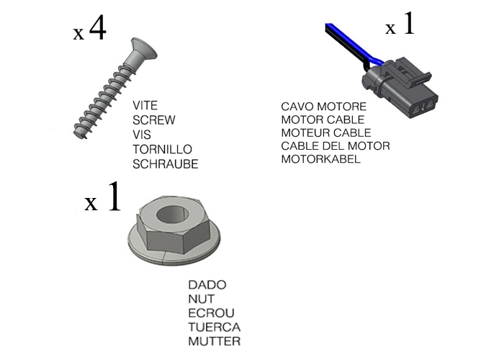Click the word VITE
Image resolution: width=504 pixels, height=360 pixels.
145,106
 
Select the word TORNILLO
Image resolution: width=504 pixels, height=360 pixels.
162,149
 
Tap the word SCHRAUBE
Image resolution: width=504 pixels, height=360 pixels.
166,163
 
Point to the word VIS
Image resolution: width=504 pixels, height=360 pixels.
142,135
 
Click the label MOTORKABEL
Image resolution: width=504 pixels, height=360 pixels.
321,158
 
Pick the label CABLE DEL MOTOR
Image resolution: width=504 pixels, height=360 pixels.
336,145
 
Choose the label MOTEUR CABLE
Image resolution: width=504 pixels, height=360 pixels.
326,132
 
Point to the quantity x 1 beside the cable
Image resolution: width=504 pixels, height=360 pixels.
400,27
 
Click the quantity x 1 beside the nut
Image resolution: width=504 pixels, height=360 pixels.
103,199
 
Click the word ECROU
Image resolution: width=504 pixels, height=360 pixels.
211,312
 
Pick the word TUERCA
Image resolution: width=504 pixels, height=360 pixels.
214,327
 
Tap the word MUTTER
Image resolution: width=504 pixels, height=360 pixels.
214,341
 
